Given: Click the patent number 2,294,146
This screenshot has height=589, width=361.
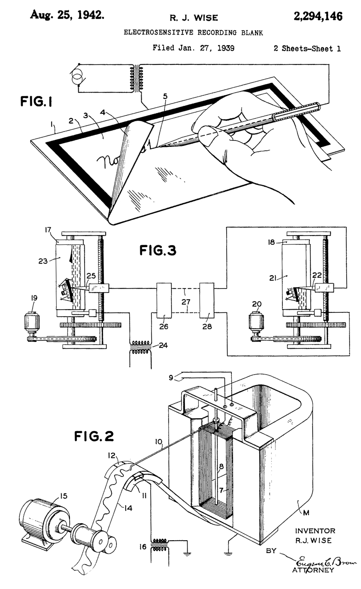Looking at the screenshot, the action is tap(318, 17).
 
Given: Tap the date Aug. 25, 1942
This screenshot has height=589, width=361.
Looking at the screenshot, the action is tap(67, 15).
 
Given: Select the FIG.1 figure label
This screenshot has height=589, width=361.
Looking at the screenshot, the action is tap(36, 102).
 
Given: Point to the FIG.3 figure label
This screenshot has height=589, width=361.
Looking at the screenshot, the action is tap(158, 250).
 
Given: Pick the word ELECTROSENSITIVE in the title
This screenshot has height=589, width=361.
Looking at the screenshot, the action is tap(159, 33).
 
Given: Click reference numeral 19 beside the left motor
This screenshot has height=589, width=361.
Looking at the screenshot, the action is tap(34, 298).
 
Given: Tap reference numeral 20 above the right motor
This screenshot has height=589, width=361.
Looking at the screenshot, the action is tap(257, 304).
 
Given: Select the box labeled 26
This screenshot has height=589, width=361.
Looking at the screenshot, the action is tap(164, 301).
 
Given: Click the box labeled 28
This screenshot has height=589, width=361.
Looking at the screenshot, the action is tap(207, 301).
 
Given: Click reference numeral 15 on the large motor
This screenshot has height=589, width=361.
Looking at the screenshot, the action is tap(63, 496).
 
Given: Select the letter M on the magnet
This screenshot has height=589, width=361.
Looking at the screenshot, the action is tap(306, 513).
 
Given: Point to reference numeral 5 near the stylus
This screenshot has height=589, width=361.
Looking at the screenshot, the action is tap(165, 96).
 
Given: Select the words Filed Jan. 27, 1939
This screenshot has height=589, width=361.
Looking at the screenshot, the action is tap(193, 48).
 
